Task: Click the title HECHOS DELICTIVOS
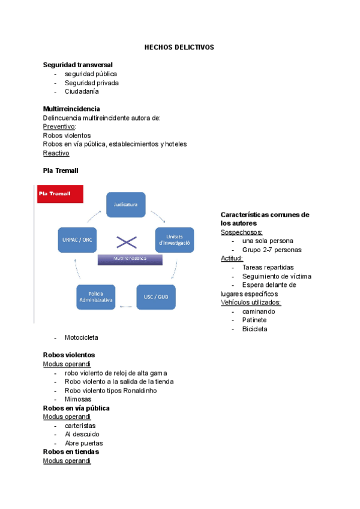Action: click(179, 47)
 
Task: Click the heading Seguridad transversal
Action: click(78, 64)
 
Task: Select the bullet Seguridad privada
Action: click(92, 83)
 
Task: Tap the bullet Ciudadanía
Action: click(82, 92)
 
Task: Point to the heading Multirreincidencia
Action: click(71, 109)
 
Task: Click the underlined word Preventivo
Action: click(59, 127)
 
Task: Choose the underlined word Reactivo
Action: click(56, 153)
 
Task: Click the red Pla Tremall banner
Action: click(60, 194)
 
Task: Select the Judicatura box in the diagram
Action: click(126, 204)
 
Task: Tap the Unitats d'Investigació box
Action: click(175, 240)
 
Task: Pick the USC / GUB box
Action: click(156, 297)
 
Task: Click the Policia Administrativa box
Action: click(96, 297)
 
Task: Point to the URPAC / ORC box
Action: click(77, 239)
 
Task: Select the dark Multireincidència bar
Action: click(130, 259)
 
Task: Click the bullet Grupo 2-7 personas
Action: click(272, 250)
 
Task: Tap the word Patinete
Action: click(255, 320)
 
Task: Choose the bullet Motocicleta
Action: click(82, 338)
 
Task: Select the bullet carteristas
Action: click(81, 426)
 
